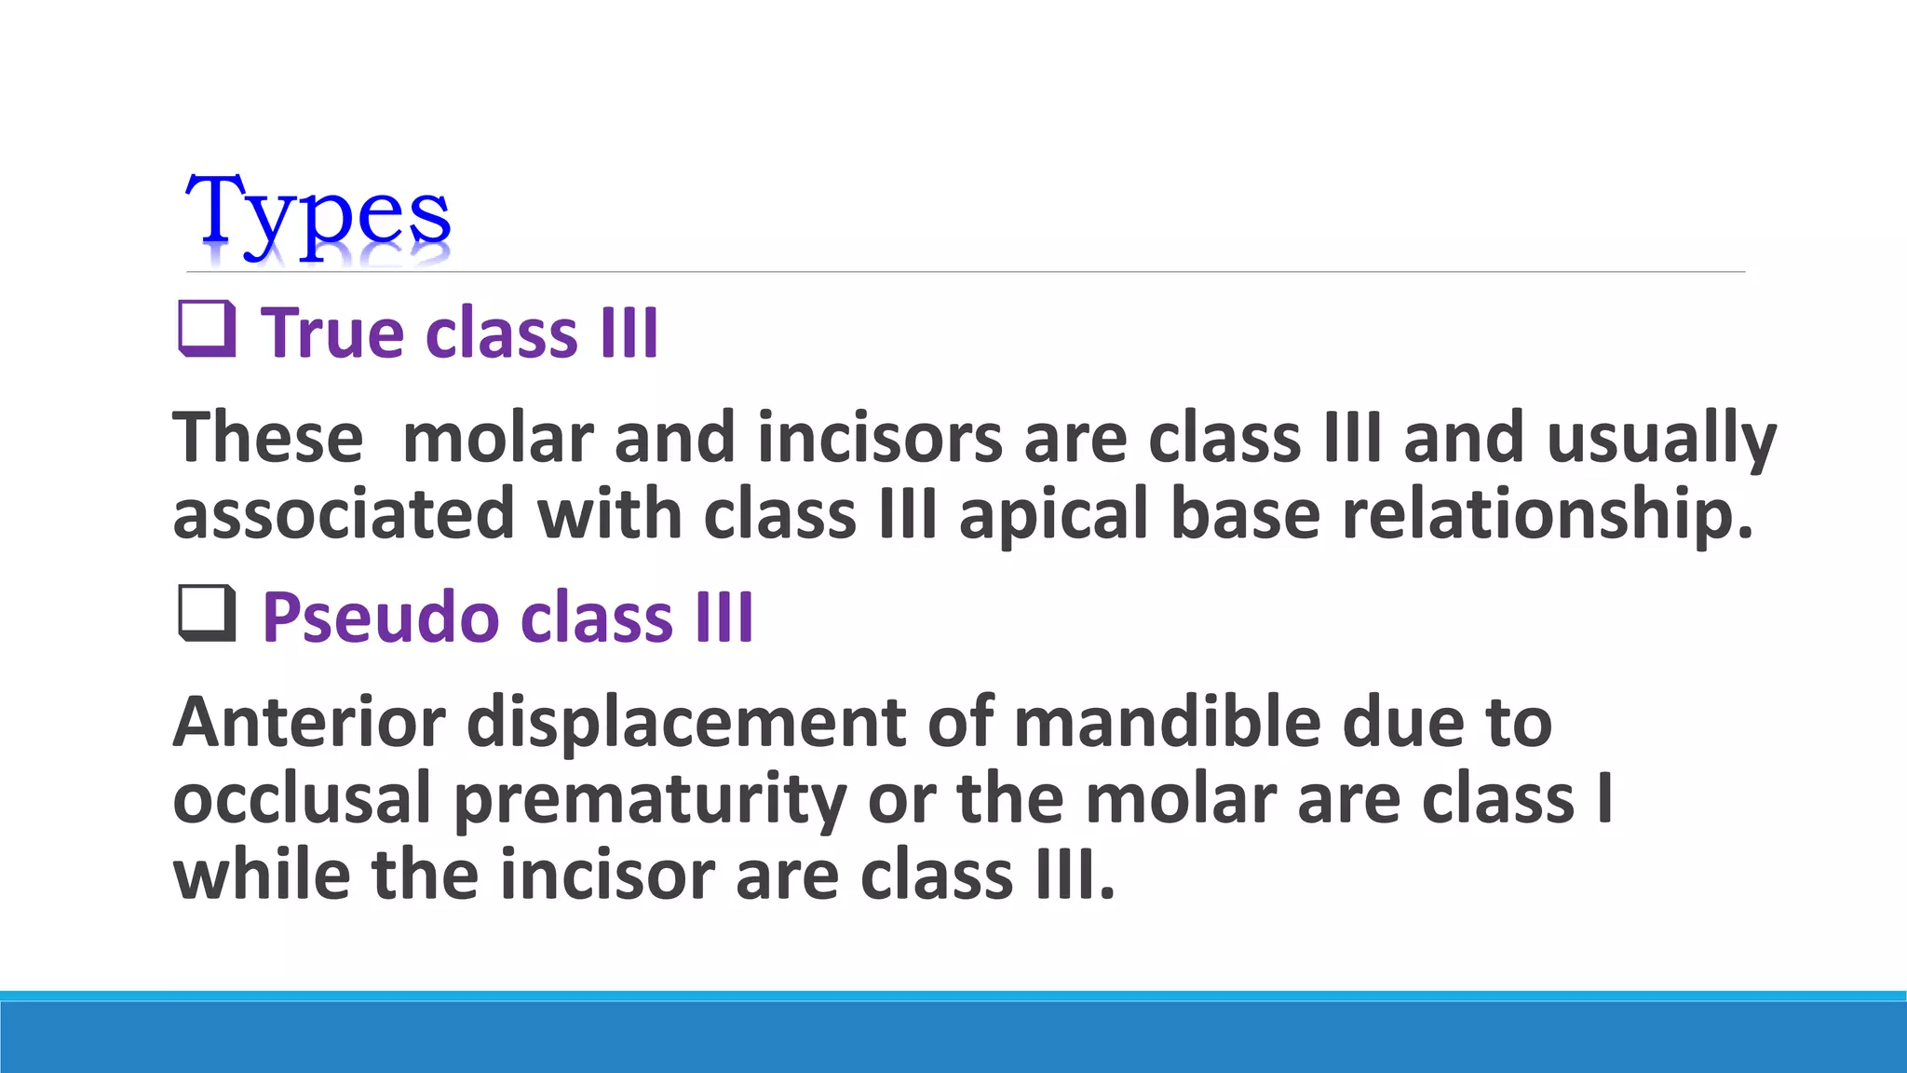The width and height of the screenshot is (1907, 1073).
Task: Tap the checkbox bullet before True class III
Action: coord(206,330)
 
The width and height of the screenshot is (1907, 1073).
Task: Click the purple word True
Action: coord(332,333)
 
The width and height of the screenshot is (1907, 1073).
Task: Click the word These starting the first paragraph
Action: coord(267,438)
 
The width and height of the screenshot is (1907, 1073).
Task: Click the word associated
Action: coord(343,515)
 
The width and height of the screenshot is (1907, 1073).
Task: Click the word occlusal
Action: coord(302,799)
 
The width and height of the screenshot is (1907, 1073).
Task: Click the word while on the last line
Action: coord(262,876)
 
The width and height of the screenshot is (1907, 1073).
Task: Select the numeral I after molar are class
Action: coord(1603,799)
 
